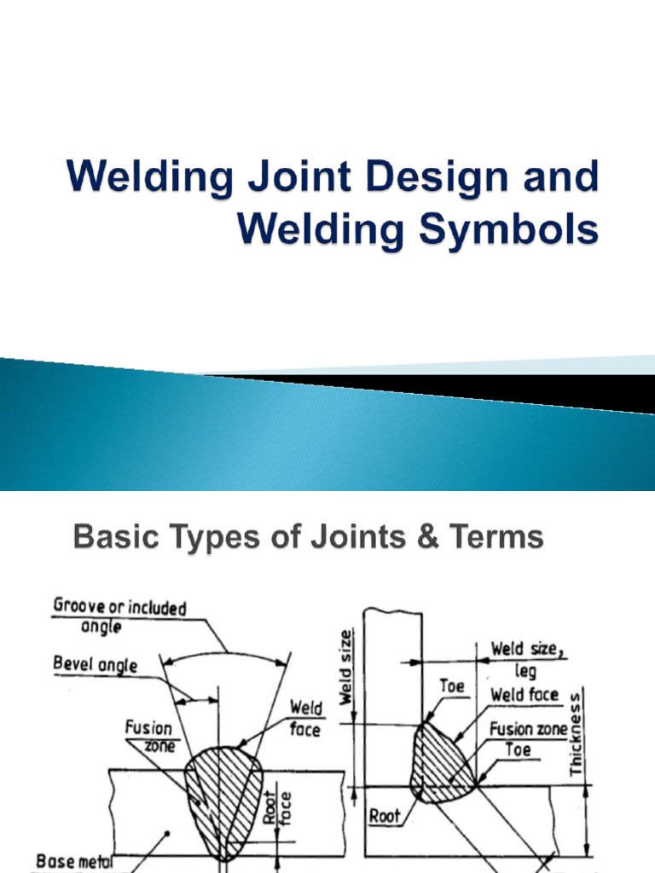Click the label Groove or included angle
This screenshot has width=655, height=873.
pyautogui.click(x=119, y=616)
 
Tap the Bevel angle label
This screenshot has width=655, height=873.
pyautogui.click(x=96, y=663)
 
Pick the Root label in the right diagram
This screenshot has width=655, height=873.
pyautogui.click(x=385, y=816)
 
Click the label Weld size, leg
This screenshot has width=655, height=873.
pyautogui.click(x=526, y=659)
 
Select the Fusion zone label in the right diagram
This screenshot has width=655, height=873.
pyautogui.click(x=529, y=730)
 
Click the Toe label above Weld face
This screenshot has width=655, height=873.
pyautogui.click(x=452, y=685)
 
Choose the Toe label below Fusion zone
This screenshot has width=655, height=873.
pyautogui.click(x=518, y=750)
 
